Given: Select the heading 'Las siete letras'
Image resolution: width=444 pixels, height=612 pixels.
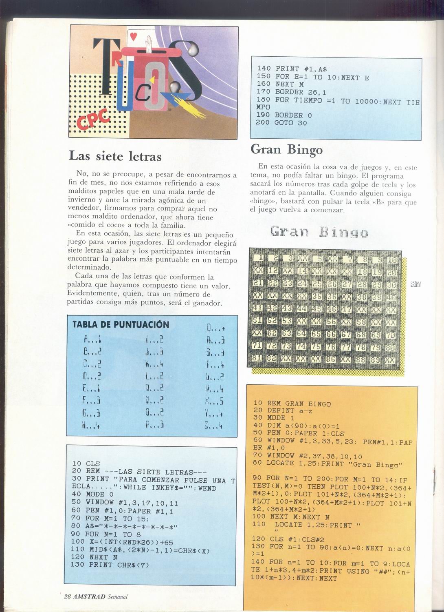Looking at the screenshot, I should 115,156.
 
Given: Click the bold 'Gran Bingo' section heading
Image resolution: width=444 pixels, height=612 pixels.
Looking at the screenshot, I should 286,149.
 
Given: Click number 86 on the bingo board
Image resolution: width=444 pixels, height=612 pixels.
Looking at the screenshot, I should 331,359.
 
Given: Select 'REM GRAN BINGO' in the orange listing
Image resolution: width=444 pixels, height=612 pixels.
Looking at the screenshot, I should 299,404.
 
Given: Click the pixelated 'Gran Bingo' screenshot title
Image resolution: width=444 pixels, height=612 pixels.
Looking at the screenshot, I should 319,232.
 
